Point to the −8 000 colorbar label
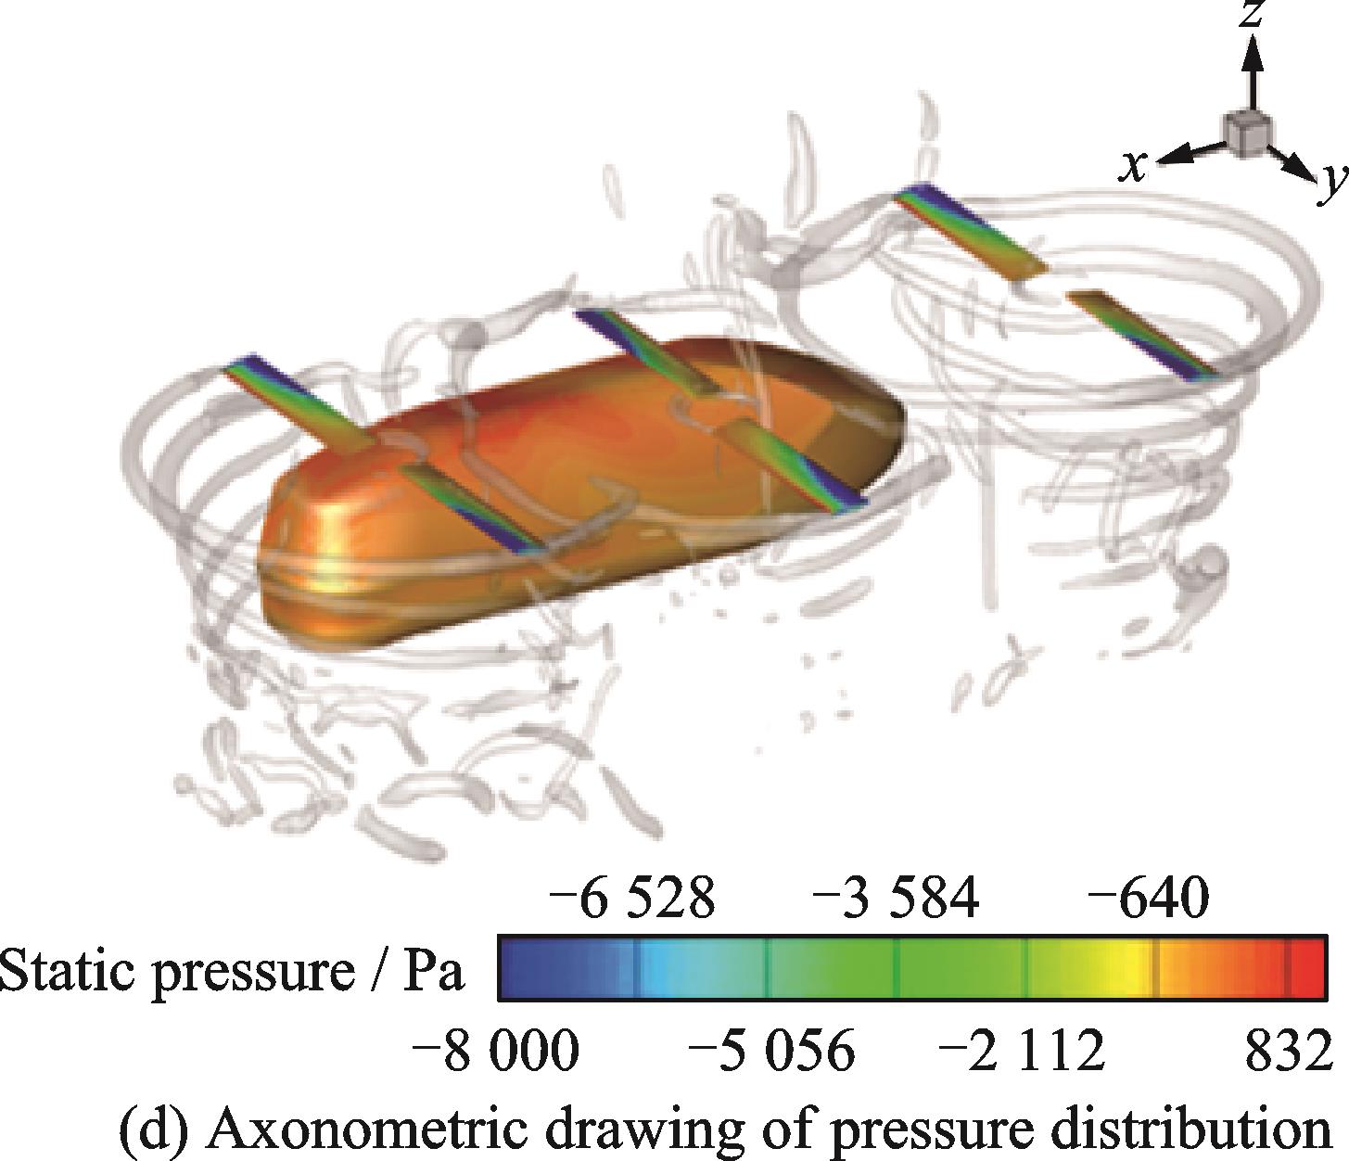coord(496,1050)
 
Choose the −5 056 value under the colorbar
coord(772,1050)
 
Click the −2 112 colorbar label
coord(1023,1050)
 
